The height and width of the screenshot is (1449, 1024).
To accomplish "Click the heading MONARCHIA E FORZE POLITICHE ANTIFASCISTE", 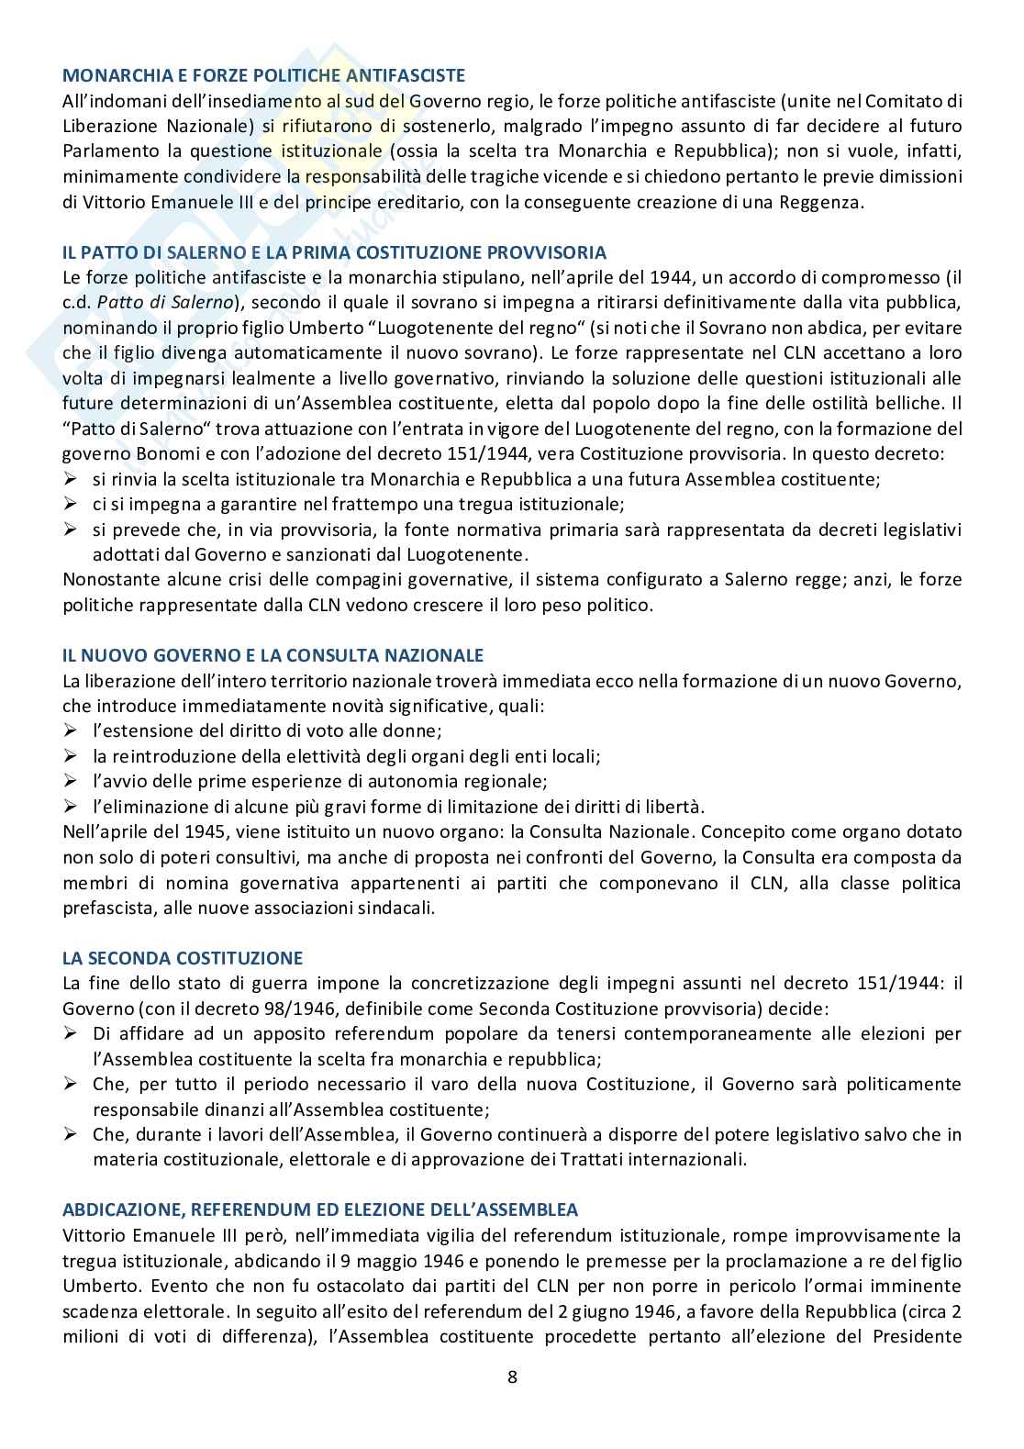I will (263, 76).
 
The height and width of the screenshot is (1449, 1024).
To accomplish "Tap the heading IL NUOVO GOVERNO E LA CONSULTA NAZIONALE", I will (273, 655).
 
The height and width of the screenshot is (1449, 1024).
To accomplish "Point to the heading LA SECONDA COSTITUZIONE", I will (182, 958).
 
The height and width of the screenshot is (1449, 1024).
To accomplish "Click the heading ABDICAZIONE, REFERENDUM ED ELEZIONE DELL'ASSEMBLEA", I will (320, 1209).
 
